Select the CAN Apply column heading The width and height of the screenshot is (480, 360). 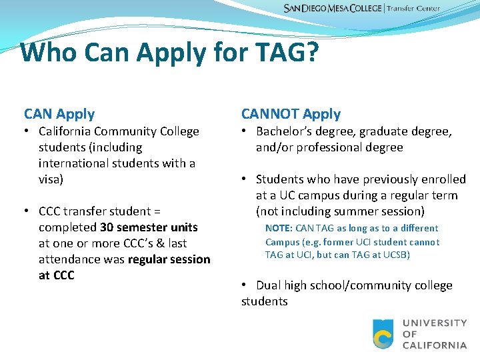[59, 114]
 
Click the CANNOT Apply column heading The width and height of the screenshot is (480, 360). [291, 114]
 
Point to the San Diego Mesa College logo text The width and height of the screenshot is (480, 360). [333, 9]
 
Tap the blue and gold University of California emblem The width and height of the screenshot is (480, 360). [383, 334]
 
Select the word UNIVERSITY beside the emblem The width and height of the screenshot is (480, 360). [435, 323]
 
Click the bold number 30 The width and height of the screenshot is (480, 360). [107, 227]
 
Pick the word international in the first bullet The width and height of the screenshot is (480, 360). [74, 163]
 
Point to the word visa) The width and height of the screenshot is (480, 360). [52, 179]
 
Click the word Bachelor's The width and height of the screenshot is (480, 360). [284, 131]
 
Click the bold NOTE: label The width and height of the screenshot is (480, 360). [279, 229]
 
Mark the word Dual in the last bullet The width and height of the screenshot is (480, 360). [269, 285]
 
